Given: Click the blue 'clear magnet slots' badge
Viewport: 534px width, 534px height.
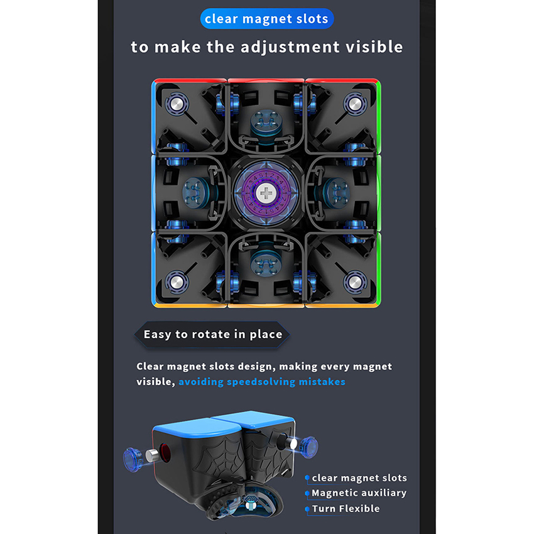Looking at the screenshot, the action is [267, 19].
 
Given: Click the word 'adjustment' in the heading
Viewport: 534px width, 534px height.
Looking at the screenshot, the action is [290, 47].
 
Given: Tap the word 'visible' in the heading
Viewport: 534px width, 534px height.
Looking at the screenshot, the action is [374, 46].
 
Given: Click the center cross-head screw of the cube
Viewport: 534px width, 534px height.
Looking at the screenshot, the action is [266, 193].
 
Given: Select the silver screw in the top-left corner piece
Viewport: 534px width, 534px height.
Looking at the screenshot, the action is [177, 104].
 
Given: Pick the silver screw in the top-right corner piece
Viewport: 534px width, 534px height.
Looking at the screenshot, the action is [355, 104].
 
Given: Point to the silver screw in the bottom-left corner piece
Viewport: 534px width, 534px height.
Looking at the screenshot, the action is [177, 281].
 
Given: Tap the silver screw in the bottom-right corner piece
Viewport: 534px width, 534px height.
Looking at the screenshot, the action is [355, 281].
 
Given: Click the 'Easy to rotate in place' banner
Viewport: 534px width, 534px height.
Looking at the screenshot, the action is [212, 334].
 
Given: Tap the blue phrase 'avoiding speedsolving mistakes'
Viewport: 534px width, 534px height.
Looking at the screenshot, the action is [261, 382].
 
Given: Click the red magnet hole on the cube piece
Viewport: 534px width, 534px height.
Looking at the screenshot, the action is [165, 452].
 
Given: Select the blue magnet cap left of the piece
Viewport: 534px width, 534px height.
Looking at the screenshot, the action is [132, 459].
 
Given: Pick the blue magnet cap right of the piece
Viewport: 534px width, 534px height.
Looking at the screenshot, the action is [309, 447].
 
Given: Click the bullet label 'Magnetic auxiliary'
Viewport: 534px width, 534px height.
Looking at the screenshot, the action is [359, 493].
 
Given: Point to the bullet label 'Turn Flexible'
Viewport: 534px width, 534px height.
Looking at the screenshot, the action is [346, 508].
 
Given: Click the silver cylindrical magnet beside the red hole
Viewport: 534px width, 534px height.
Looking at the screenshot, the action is [152, 455].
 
